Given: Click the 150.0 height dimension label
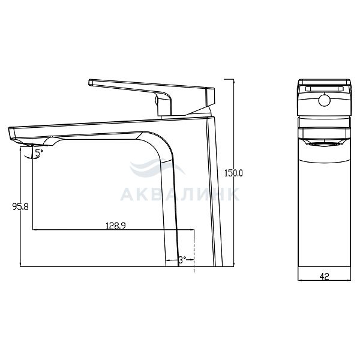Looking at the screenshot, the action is (233, 173).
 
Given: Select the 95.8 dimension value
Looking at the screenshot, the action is (20, 206).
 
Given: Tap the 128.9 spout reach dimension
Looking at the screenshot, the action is (116, 226).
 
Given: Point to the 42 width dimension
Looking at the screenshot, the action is (324, 277).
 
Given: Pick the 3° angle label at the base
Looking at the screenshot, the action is (182, 260).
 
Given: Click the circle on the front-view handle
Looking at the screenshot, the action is (324, 101).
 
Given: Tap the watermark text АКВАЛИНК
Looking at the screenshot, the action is (180, 194).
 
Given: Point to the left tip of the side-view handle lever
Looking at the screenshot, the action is (89, 82).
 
